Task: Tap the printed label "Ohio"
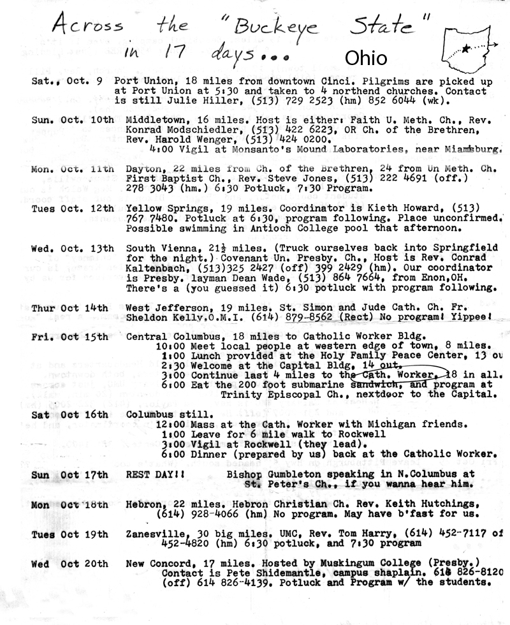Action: pyautogui.click(x=365, y=58)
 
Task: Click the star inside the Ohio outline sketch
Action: pyautogui.click(x=467, y=48)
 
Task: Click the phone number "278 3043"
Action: pyautogui.click(x=145, y=188)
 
